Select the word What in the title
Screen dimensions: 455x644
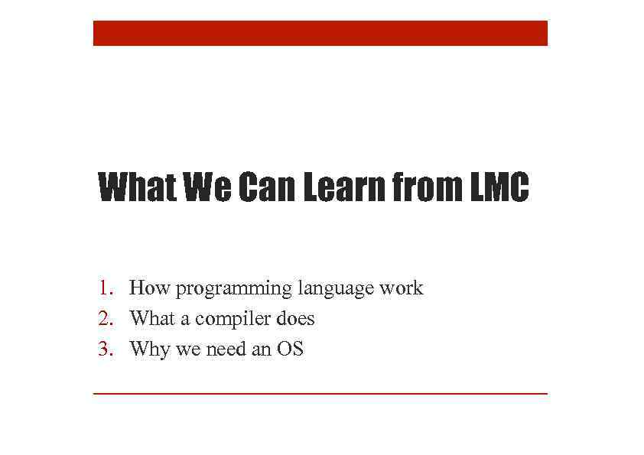tap(137, 188)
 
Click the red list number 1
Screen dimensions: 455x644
tap(105, 288)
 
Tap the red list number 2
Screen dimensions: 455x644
tap(105, 318)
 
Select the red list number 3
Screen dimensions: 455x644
tap(105, 349)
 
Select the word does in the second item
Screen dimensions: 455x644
tap(295, 318)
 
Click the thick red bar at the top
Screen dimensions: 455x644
tap(320, 33)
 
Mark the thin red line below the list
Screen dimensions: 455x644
tap(320, 393)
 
